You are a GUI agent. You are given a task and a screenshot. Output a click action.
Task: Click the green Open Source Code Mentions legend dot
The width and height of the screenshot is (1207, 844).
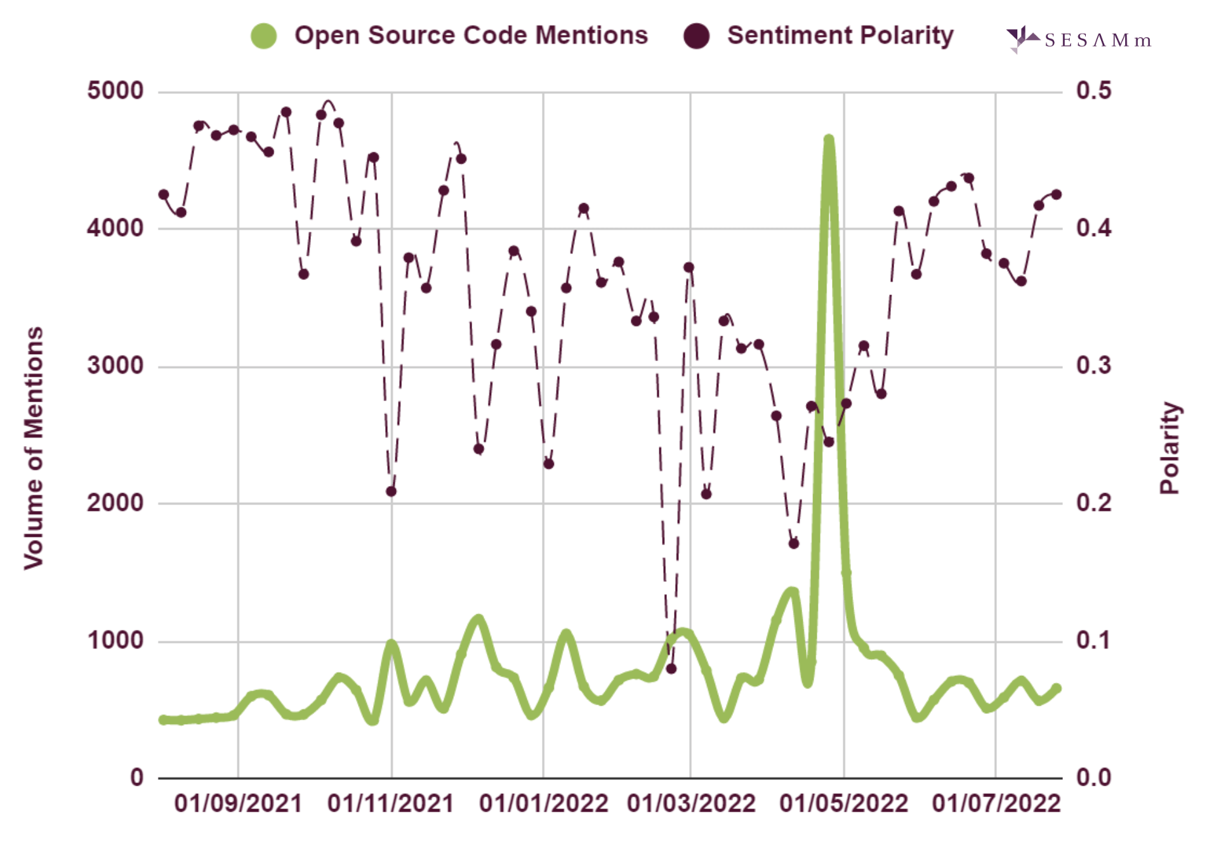(x=263, y=36)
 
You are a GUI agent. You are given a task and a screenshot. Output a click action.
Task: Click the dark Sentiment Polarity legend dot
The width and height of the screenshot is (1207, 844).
(x=696, y=36)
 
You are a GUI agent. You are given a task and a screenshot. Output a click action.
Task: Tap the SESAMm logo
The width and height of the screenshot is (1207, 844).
(x=1078, y=40)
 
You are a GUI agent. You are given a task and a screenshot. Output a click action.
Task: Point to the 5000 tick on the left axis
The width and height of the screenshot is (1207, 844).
(x=115, y=91)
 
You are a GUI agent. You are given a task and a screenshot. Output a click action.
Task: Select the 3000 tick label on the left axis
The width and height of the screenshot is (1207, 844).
(x=115, y=366)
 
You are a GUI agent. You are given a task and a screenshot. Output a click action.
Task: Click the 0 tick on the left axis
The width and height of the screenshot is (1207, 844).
(x=137, y=777)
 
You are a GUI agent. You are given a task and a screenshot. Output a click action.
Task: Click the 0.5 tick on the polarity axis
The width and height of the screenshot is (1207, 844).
(x=1093, y=91)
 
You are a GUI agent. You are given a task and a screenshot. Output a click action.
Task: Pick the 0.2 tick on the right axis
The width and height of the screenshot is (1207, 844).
(x=1093, y=503)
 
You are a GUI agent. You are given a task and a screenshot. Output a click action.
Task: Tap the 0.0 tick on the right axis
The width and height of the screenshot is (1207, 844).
(x=1093, y=777)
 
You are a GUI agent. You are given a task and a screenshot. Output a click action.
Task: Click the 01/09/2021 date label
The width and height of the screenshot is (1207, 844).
(x=238, y=803)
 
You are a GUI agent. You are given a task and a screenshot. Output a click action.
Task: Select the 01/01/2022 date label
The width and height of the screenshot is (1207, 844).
(x=543, y=803)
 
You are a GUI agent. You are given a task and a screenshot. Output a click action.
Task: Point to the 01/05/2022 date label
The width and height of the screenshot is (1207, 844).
(x=843, y=803)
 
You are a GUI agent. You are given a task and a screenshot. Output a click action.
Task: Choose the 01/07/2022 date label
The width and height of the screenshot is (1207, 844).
(x=996, y=803)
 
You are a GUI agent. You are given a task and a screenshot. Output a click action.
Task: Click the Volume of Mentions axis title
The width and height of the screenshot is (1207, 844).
(x=34, y=447)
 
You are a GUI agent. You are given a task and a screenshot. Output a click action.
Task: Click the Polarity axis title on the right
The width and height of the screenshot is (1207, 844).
(x=1170, y=447)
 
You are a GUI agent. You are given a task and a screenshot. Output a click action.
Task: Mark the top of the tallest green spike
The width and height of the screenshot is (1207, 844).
(x=828, y=139)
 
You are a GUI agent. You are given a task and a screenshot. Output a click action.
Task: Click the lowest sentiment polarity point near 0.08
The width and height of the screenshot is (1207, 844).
(x=671, y=668)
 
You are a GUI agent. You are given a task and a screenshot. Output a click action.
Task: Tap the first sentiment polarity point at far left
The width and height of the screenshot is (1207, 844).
(x=164, y=194)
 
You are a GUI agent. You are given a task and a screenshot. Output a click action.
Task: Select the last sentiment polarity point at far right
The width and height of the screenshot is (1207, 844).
(x=1057, y=194)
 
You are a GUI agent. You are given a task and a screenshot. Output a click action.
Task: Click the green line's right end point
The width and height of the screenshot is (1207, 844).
(x=1057, y=688)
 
